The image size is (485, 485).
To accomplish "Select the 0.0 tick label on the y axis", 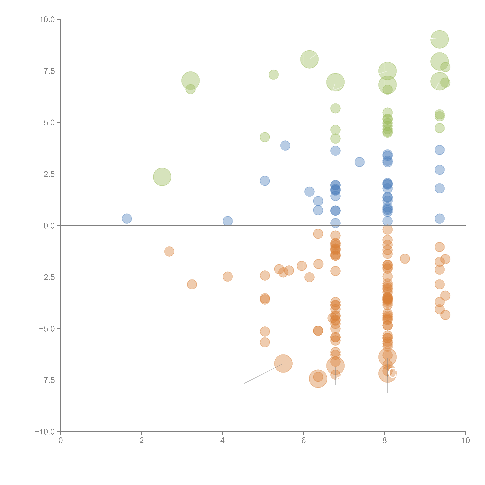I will click(49, 226).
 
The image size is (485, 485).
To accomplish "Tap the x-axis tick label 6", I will click(304, 440).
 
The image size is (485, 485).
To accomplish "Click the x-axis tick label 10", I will click(465, 440).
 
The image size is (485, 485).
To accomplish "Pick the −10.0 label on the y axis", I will click(45, 432).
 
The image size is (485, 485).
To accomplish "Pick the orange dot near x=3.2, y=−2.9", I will click(192, 284).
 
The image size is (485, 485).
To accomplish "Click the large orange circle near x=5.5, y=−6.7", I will click(283, 363).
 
